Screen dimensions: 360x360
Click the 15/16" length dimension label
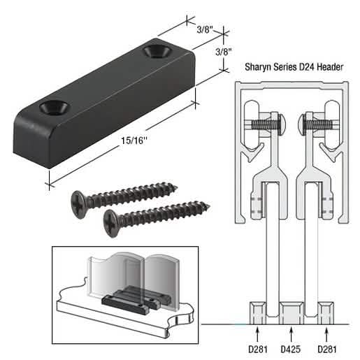tap(134, 141)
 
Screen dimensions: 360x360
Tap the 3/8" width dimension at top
tap(205, 29)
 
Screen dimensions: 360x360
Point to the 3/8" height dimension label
tap(224, 52)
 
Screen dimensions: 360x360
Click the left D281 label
tap(258, 349)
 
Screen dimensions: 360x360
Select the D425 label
tap(291, 349)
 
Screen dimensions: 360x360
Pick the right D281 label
tap(327, 349)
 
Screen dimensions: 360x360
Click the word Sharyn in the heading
tap(258, 67)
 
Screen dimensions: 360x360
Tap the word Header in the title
tap(330, 67)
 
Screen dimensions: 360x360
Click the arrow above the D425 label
tap(291, 335)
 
